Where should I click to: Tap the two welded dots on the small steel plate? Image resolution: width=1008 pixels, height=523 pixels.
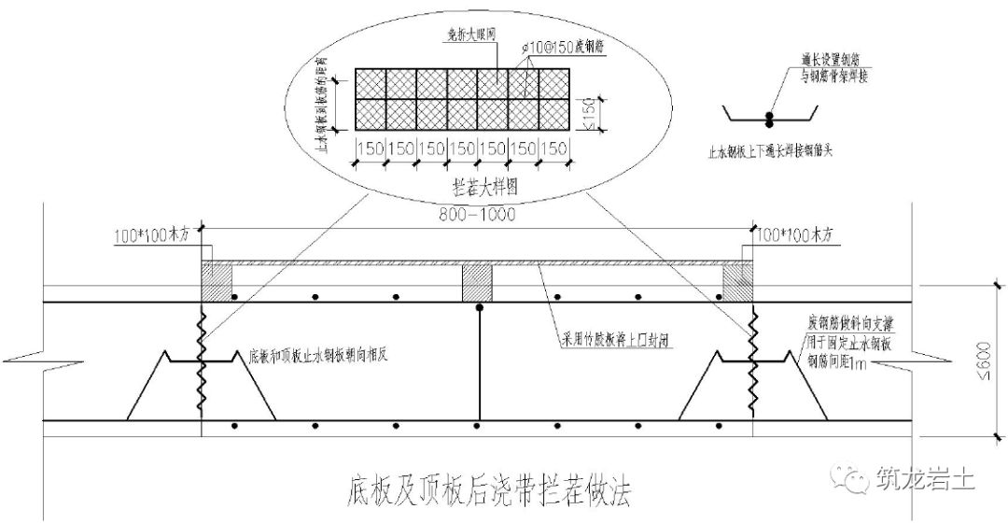pos(770,118)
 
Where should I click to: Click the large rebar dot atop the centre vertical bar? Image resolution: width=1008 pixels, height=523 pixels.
pos(479,306)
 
